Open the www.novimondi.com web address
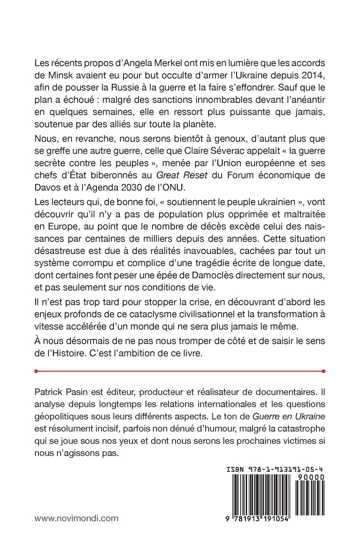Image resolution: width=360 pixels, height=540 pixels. pyautogui.click(x=77, y=518)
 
